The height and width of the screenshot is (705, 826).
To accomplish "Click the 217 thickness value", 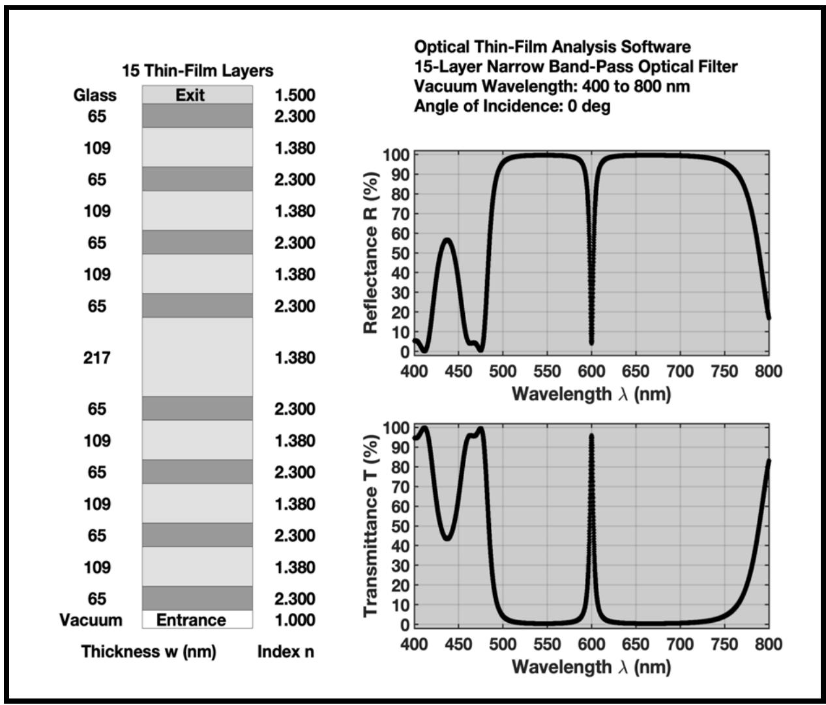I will point(96,357).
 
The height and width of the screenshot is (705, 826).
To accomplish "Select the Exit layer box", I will point(197,95).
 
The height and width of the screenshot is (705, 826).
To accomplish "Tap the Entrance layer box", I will point(197,620).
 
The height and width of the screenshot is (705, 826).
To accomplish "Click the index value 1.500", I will point(295,95).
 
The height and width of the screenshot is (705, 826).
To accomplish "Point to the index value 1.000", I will point(295,620).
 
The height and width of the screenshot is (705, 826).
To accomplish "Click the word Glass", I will point(95,95).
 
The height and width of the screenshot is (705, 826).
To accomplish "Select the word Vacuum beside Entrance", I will point(91,620).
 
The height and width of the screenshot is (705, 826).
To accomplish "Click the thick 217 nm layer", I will point(197,357).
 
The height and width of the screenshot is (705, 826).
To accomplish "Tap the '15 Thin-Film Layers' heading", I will point(198,70).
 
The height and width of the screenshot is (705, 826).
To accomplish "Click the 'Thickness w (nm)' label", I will point(149,651).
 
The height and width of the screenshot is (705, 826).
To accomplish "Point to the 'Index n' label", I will point(286,651).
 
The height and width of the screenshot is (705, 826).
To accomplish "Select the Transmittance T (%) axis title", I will point(371,526).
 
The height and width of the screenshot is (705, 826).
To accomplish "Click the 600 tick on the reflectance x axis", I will point(591,371).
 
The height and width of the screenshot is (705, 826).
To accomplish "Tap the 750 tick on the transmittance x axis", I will point(724,644).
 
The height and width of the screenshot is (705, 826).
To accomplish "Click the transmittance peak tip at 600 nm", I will point(591,435).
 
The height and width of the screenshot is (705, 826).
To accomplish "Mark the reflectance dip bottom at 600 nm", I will point(591,342).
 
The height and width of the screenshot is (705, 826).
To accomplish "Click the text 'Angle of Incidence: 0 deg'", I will point(512,106).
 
